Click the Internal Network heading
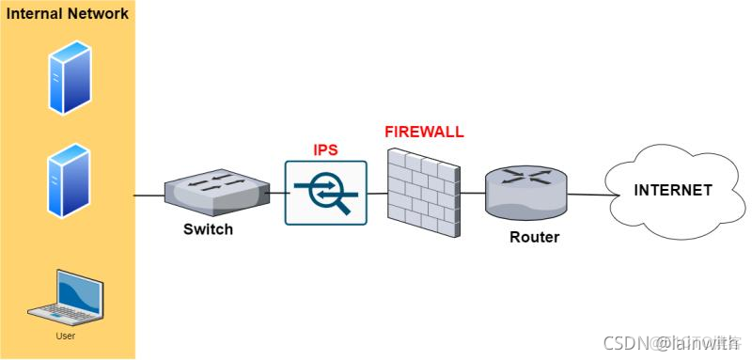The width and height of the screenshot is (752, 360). (x=67, y=15)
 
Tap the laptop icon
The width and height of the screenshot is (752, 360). (x=66, y=298)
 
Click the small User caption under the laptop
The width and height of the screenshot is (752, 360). (x=66, y=336)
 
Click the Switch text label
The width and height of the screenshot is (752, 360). (x=208, y=229)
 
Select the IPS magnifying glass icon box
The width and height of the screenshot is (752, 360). (x=325, y=193)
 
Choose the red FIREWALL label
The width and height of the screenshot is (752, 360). (x=424, y=132)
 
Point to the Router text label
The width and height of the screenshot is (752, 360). (x=534, y=237)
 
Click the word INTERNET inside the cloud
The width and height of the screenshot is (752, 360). (x=672, y=190)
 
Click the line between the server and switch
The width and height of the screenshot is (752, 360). (x=148, y=196)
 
